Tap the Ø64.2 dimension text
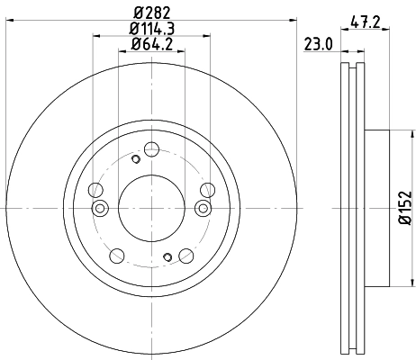(x=152, y=44)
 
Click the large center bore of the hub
(x=151, y=208)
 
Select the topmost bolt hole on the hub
(x=151, y=148)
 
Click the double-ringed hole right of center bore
(x=203, y=209)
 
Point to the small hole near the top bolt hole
(x=135, y=159)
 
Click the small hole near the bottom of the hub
(x=168, y=257)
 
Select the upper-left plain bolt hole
(x=95, y=189)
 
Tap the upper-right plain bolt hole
(x=207, y=189)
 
